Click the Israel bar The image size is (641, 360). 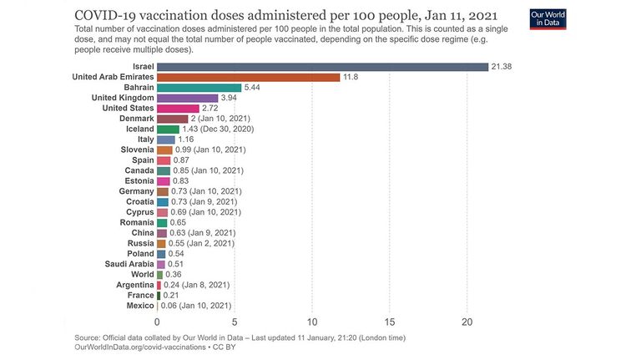click(x=322, y=67)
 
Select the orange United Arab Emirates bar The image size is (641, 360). click(x=249, y=78)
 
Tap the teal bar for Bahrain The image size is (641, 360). click(x=199, y=88)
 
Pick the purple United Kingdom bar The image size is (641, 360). click(x=188, y=99)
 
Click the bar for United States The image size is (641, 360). click(x=179, y=109)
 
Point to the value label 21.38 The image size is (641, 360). click(x=501, y=67)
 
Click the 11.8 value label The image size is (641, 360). click(x=351, y=77)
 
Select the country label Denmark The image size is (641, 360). click(x=137, y=119)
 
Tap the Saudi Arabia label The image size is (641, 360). click(x=129, y=264)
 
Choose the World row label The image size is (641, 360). click(x=142, y=275)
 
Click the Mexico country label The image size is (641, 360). click(x=140, y=306)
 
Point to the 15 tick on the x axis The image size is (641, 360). click(x=390, y=322)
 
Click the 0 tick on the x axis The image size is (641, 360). click(x=157, y=322)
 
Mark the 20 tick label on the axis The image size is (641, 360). click(x=467, y=322)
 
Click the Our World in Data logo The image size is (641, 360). click(x=548, y=19)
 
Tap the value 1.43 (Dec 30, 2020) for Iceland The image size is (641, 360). click(x=218, y=129)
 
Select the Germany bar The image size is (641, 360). click(x=163, y=191)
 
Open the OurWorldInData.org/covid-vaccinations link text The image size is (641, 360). click(x=140, y=347)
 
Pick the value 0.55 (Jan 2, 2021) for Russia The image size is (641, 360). click(x=201, y=243)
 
